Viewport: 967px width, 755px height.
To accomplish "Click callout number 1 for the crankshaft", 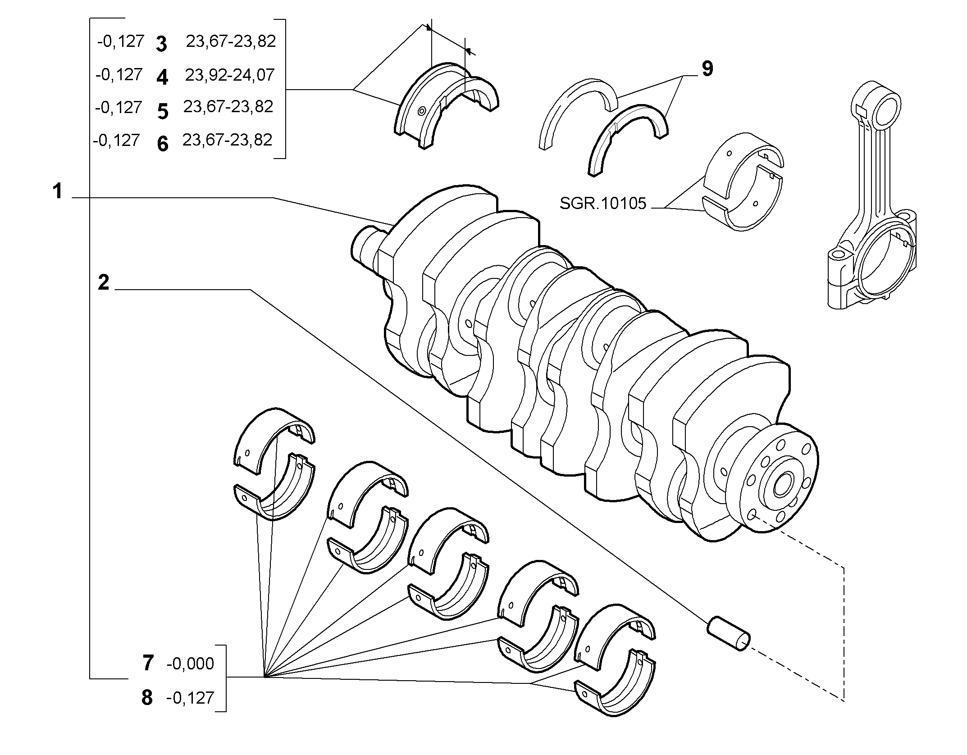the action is (x=57, y=191).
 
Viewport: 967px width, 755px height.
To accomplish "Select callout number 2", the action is (x=104, y=282).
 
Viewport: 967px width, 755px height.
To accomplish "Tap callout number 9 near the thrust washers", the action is (x=707, y=69).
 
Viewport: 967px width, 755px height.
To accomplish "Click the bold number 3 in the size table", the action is (x=161, y=44).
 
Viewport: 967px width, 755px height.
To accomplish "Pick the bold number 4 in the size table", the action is (x=162, y=77).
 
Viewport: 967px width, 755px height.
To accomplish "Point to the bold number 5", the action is (x=163, y=111).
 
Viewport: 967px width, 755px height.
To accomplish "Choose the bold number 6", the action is (x=163, y=144).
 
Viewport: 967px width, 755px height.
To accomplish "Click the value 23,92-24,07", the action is (x=230, y=75).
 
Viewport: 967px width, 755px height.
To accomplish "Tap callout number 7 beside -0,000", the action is (x=148, y=663).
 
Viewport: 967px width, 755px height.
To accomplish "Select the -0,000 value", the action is (x=190, y=664).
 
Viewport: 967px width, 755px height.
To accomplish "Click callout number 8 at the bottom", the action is (x=147, y=698).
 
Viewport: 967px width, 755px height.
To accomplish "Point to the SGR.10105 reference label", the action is (x=603, y=204).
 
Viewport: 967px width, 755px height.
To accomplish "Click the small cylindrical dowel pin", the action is (x=729, y=635).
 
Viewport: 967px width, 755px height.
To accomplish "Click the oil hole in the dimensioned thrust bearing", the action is (x=422, y=110).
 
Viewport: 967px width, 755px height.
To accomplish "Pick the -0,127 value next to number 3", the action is (x=120, y=41).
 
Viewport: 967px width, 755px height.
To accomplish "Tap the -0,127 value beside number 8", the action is (x=190, y=698).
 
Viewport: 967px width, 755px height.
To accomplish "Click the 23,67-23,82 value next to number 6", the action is (x=228, y=140).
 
